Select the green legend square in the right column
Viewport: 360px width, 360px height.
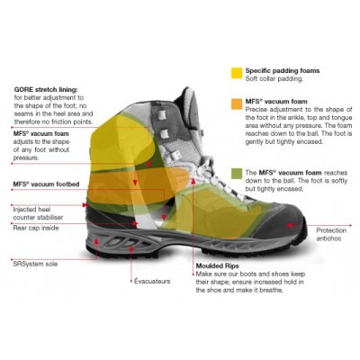point(237,172)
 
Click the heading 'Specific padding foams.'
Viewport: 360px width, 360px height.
point(284,69)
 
